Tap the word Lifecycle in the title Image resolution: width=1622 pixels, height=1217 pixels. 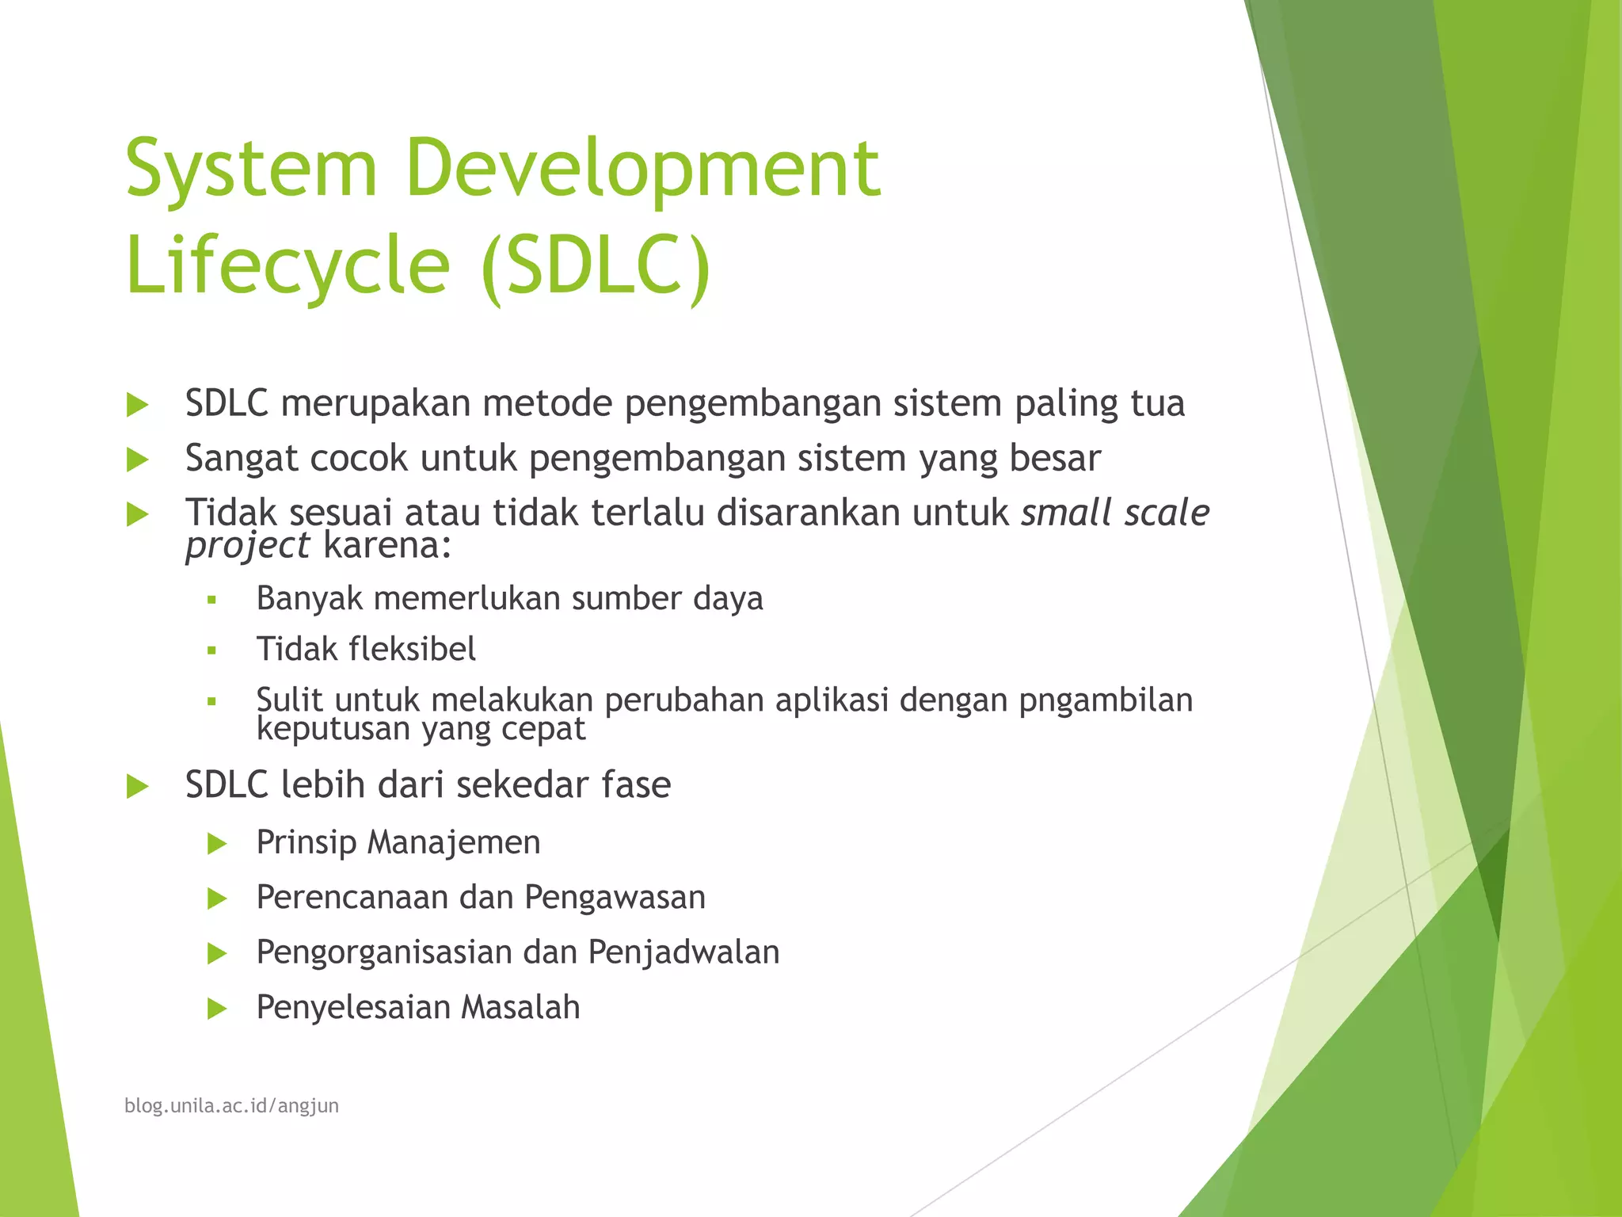(x=287, y=265)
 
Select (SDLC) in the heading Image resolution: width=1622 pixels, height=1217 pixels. (x=596, y=265)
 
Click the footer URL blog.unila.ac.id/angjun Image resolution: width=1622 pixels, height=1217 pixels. (x=231, y=1106)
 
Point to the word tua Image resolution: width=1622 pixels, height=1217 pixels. (x=1157, y=403)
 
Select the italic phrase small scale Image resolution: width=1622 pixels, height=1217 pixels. (x=1114, y=513)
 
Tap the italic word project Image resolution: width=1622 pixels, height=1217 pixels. (x=247, y=546)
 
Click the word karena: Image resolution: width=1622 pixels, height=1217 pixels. (x=387, y=546)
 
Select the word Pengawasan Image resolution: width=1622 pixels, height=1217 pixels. (x=615, y=898)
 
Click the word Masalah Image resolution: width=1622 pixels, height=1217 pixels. (x=520, y=1008)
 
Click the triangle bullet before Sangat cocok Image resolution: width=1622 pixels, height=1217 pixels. (x=138, y=460)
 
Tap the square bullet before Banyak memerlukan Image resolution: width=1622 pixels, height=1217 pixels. (x=211, y=601)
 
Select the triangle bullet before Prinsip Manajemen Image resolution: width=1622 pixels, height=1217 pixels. (x=217, y=844)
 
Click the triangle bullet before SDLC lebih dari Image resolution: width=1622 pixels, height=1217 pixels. (x=138, y=787)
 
